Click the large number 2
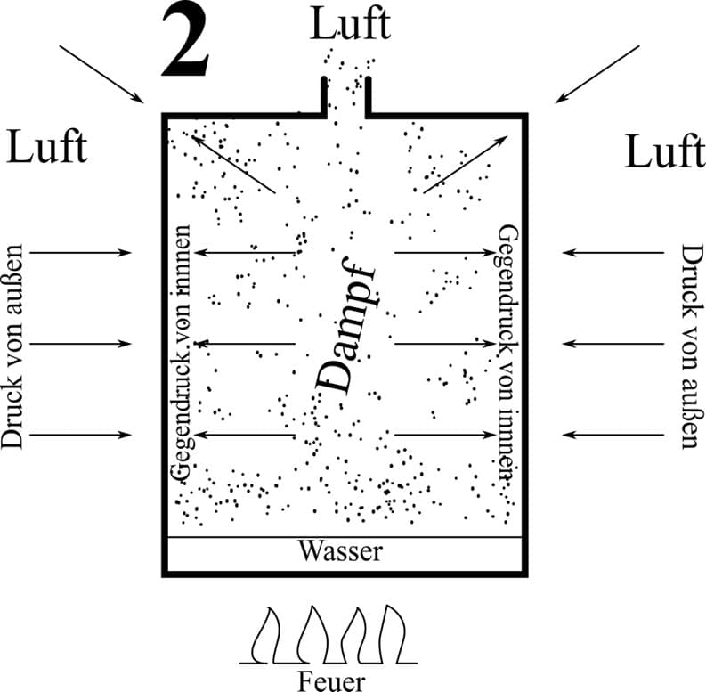point(186,42)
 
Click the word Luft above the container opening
point(350,24)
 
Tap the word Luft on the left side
point(47,146)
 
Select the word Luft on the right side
point(664,151)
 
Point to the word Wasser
point(340,551)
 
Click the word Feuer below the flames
point(330,681)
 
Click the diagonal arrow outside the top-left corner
point(100,73)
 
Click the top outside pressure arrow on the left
point(82,253)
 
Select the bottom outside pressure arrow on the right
point(613,435)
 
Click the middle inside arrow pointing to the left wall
point(245,343)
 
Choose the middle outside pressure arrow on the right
point(613,343)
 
